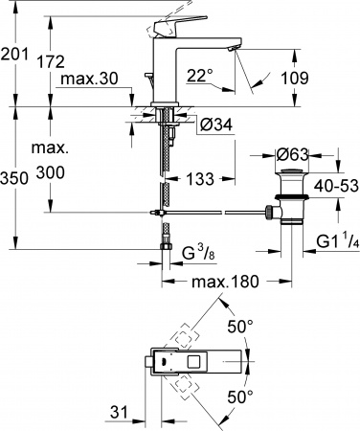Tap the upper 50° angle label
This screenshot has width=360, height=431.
241,327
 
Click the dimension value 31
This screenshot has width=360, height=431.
117,412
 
